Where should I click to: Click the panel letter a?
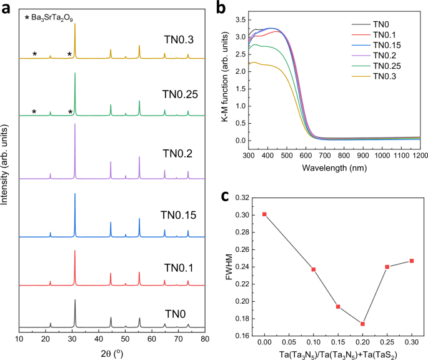6,7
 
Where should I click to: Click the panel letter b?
221,7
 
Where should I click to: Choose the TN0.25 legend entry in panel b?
384,66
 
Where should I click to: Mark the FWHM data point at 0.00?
265,214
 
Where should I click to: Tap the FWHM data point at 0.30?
412,261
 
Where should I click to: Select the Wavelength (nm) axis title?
334,168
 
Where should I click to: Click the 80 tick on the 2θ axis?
205,339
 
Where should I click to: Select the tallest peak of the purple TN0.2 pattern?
75,124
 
